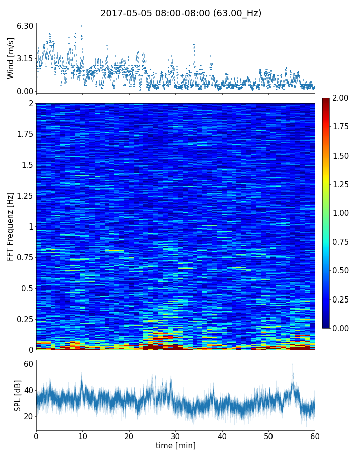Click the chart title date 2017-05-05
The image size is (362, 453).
tap(125, 13)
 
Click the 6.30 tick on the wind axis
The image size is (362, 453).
tap(25, 26)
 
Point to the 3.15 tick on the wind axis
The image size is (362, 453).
tap(25, 58)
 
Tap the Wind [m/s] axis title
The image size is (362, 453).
tap(11, 58)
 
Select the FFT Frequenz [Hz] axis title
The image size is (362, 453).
tap(11, 226)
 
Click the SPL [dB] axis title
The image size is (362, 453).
tap(18, 395)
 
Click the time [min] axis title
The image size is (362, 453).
tap(175, 445)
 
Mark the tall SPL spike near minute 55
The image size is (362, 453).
tap(292, 364)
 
